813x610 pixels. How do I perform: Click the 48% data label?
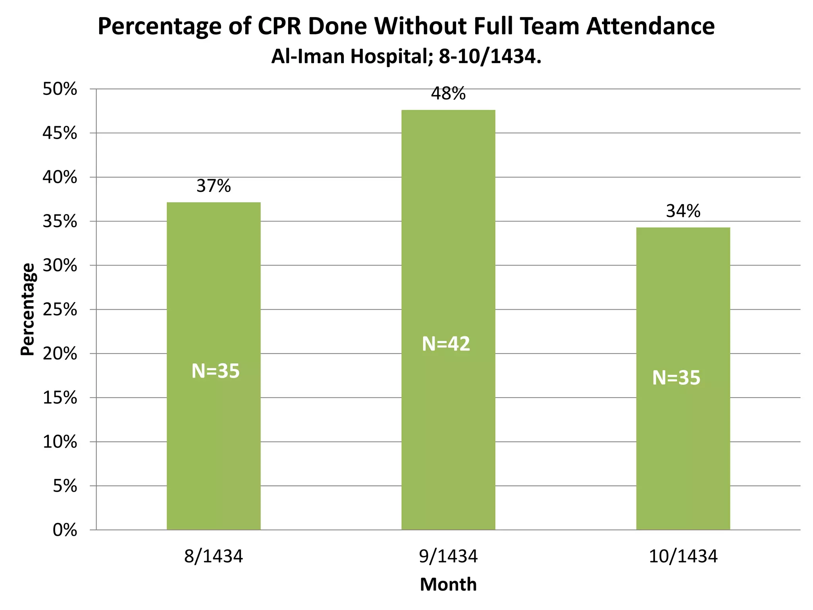click(448, 94)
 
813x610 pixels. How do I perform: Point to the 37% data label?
click(214, 186)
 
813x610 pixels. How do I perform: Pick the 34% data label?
click(683, 211)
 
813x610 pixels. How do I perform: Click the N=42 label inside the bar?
click(446, 344)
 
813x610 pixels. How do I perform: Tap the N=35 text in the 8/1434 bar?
click(216, 371)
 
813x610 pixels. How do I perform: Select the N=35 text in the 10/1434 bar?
click(676, 378)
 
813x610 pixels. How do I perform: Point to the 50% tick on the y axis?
click(60, 89)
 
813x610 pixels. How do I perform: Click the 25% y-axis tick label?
click(60, 310)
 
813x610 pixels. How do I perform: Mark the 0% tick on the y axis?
click(65, 530)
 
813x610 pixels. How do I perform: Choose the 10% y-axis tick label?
click(60, 442)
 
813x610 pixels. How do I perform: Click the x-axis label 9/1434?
click(448, 556)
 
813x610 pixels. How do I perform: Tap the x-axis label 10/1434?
click(683, 556)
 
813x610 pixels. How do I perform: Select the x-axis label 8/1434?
click(214, 556)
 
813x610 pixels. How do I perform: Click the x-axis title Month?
click(448, 585)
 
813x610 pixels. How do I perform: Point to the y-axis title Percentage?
click(28, 309)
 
